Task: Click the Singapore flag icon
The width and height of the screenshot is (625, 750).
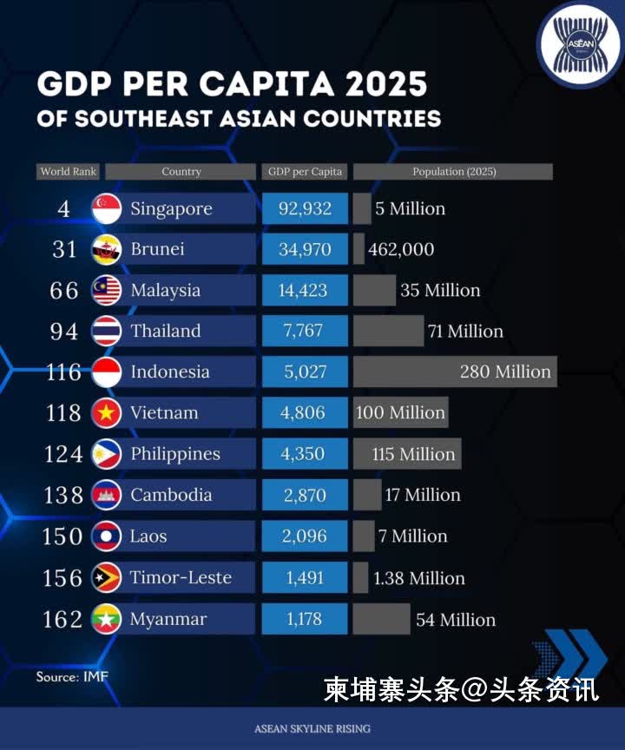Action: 106,208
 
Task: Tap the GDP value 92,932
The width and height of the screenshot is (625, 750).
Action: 305,208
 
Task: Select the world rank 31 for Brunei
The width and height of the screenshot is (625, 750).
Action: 64,249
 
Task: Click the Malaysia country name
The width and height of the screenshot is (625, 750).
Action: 165,291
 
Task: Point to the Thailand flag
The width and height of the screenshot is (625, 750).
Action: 106,331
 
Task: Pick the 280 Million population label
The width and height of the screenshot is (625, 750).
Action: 505,372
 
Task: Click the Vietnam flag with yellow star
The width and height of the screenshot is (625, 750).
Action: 106,413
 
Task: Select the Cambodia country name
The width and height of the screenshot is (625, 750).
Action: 171,495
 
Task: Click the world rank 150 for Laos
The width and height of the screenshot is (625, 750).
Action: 62,536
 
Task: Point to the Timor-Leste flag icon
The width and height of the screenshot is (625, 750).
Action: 106,578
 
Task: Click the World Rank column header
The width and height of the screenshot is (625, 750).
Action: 69,172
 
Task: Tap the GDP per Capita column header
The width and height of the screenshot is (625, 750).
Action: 305,172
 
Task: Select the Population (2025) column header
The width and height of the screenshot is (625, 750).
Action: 454,172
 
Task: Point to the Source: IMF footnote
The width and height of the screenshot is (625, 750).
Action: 72,676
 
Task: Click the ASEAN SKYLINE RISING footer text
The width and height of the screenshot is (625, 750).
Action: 312,728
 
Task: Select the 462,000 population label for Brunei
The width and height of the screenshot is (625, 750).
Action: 401,250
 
